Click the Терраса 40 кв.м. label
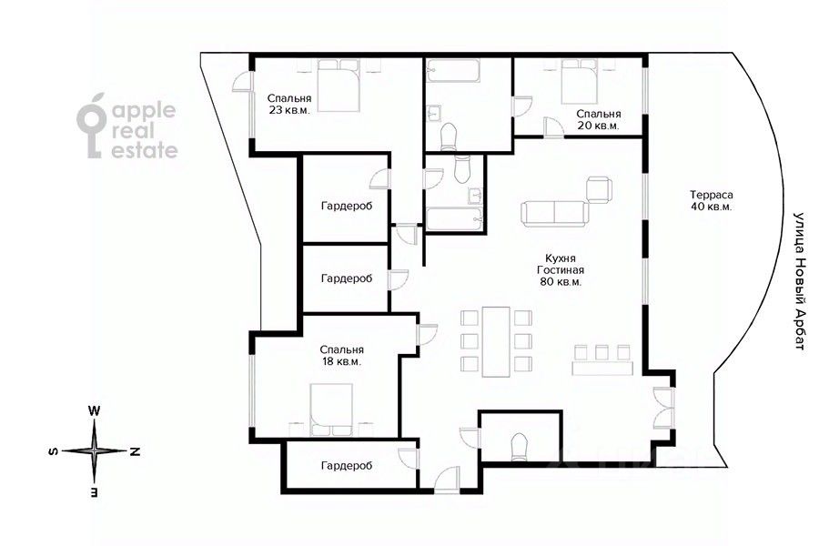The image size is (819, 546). click(711, 200)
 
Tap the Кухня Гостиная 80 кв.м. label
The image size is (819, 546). click(561, 270)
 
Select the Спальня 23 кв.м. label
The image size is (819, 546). click(289, 104)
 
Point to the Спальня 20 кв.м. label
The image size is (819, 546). click(599, 119)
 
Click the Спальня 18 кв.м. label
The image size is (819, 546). click(341, 355)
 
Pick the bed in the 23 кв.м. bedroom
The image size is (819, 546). click(339, 86)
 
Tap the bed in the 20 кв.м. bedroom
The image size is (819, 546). click(579, 82)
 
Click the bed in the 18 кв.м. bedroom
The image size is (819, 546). click(331, 410)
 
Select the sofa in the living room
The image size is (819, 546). click(555, 214)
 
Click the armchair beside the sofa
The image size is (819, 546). click(599, 189)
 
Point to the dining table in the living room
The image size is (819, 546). click(496, 342)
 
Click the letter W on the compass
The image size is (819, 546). click(94, 410)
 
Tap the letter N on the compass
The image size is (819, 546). click(135, 451)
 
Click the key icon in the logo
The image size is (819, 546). click(93, 126)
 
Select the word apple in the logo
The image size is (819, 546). click(144, 112)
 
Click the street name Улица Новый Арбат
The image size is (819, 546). click(799, 280)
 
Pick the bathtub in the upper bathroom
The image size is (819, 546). click(453, 72)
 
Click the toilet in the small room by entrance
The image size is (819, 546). click(519, 448)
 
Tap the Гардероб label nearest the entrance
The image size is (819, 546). click(347, 466)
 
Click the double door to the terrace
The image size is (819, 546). click(663, 408)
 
